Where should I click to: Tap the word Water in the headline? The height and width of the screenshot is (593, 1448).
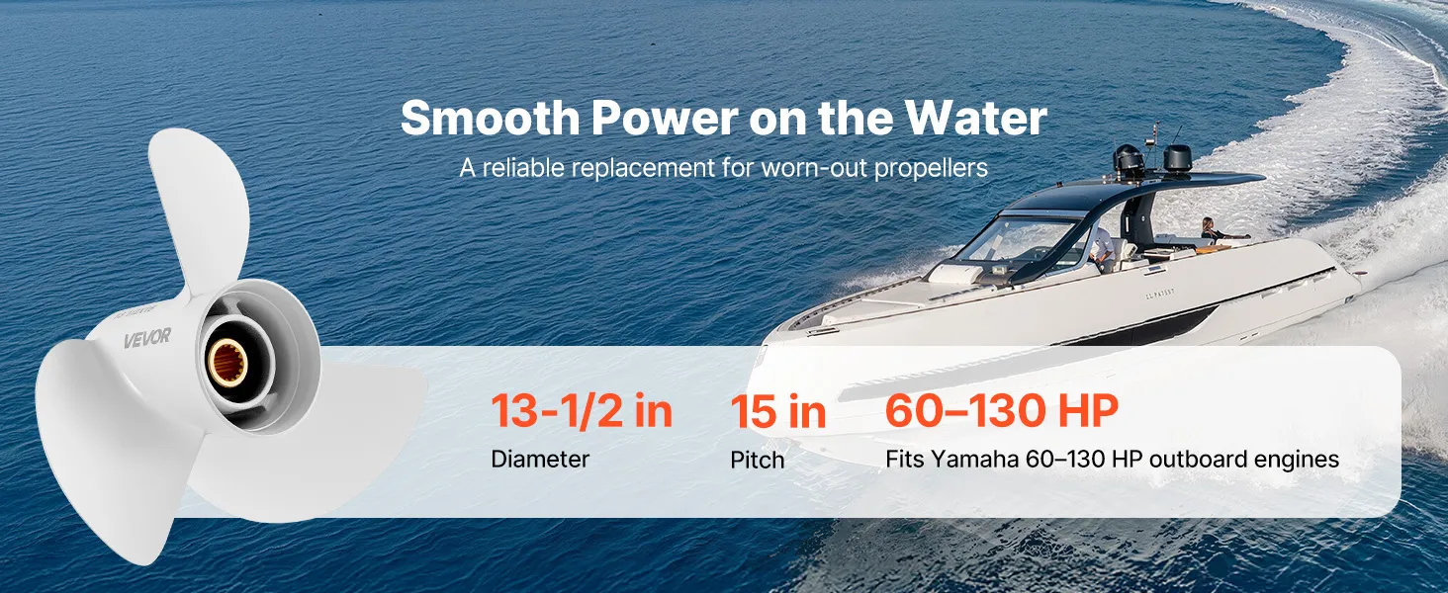pyautogui.click(x=976, y=119)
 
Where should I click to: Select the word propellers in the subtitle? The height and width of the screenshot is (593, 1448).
pyautogui.click(x=931, y=169)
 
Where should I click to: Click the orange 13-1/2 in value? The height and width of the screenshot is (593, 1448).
pyautogui.click(x=582, y=410)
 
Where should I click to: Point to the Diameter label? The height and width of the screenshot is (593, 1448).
pyautogui.click(x=540, y=460)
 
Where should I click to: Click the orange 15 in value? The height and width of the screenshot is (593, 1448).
pyautogui.click(x=778, y=411)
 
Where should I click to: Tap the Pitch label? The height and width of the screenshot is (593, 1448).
pyautogui.click(x=757, y=460)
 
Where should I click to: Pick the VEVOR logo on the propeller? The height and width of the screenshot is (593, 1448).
pyautogui.click(x=147, y=337)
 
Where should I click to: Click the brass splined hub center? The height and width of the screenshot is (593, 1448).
pyautogui.click(x=227, y=363)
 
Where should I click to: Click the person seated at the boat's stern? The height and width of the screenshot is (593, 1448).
pyautogui.click(x=1209, y=229)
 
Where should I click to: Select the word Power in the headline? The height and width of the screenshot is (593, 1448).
pyautogui.click(x=665, y=119)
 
